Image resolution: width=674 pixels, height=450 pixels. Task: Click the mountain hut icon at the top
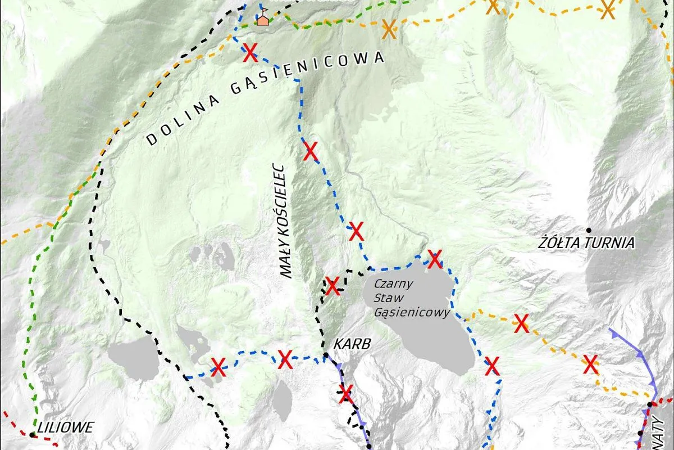pyautogui.click(x=262, y=19)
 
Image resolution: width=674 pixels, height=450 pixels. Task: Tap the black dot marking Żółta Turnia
pyautogui.click(x=589, y=230)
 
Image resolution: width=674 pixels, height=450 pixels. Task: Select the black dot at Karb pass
pyautogui.click(x=325, y=355)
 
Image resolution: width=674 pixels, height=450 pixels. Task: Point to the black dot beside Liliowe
pyautogui.click(x=33, y=435)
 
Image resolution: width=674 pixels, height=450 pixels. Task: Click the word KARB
pyautogui.click(x=352, y=344)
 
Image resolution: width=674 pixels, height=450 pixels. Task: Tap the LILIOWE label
pyautogui.click(x=65, y=427)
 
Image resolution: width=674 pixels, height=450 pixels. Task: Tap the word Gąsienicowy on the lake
pyautogui.click(x=412, y=313)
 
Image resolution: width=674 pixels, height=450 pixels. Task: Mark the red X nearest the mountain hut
pyautogui.click(x=251, y=54)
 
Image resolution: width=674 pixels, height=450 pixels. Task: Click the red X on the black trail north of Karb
pyautogui.click(x=333, y=286)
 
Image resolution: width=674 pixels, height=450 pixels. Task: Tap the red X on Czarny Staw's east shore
pyautogui.click(x=492, y=366)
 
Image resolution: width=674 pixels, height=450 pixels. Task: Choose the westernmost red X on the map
pyautogui.click(x=218, y=367)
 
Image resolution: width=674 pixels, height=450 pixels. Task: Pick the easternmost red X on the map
pyautogui.click(x=590, y=364)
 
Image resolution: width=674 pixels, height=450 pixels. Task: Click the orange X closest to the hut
pyautogui.click(x=388, y=29)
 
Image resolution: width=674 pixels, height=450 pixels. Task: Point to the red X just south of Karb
pyautogui.click(x=346, y=393)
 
